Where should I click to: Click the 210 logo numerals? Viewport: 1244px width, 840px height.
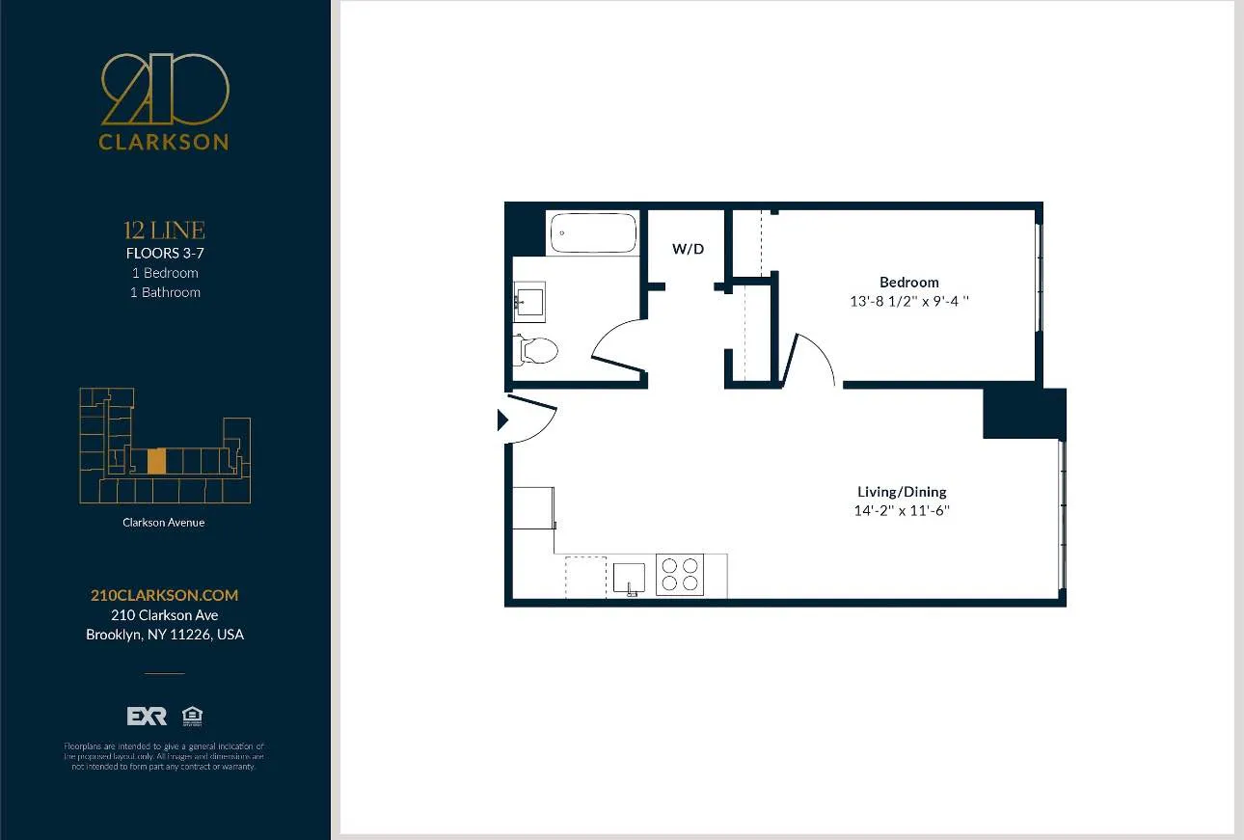click(165, 89)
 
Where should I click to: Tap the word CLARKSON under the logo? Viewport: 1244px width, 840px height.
click(164, 142)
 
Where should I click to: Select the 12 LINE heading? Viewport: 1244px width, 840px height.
click(164, 230)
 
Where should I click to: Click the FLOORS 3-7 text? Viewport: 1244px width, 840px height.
click(165, 254)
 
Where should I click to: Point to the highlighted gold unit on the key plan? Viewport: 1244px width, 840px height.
click(156, 461)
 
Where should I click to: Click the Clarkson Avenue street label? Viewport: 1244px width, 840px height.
click(164, 523)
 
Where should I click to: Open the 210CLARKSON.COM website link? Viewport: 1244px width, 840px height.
click(164, 595)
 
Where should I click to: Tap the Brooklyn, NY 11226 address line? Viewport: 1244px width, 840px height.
click(165, 635)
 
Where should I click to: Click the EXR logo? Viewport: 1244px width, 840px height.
click(147, 717)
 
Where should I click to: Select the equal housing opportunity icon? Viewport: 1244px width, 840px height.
click(192, 717)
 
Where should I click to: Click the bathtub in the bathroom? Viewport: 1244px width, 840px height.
click(592, 233)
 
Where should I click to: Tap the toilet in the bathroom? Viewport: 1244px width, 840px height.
click(537, 349)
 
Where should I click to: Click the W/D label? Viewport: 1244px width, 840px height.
click(688, 249)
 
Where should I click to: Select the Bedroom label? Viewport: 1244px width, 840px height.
click(908, 283)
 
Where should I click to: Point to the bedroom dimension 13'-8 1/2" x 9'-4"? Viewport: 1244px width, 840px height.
click(908, 301)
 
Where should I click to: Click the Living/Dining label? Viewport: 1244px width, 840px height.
click(902, 492)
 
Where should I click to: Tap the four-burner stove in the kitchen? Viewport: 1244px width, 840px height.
click(680, 575)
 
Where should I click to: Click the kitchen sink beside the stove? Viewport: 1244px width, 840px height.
click(629, 578)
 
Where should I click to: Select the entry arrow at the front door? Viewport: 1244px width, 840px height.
click(501, 420)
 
